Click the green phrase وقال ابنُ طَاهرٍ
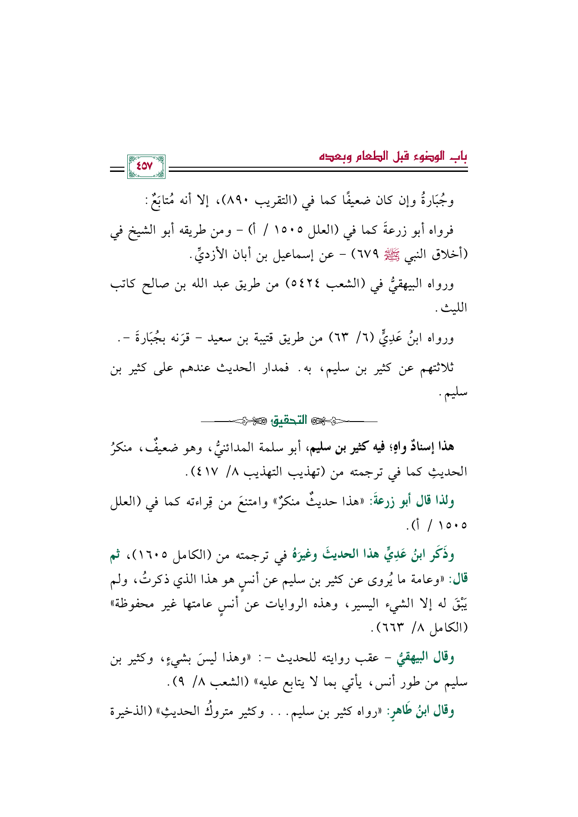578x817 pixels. pyautogui.click(x=421, y=711)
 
